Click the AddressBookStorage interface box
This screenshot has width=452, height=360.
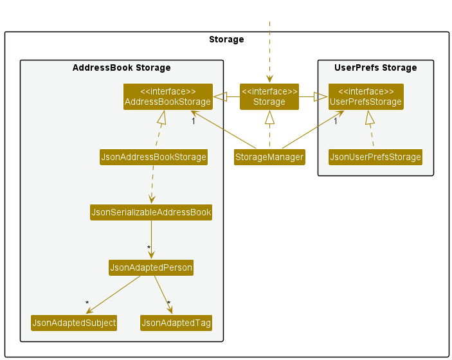pyautogui.click(x=168, y=97)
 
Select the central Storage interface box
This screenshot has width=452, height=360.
pyautogui.click(x=269, y=97)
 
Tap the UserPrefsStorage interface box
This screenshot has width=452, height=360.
pyautogui.click(x=366, y=97)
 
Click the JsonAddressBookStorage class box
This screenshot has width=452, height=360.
pyautogui.click(x=154, y=157)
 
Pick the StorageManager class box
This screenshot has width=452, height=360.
pyautogui.click(x=269, y=157)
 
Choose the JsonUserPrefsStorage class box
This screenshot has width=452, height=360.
pyautogui.click(x=375, y=157)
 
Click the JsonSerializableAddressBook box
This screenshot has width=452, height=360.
pyautogui.click(x=151, y=212)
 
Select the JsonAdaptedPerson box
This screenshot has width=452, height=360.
pyautogui.click(x=151, y=268)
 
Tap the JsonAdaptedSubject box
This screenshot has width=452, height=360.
pyautogui.click(x=74, y=323)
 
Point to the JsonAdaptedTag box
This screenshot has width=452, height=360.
pyautogui.click(x=176, y=323)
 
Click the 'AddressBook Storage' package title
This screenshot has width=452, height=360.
pyautogui.click(x=122, y=67)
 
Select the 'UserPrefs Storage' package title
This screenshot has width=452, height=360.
pyautogui.click(x=375, y=67)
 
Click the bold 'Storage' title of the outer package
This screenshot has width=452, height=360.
pyautogui.click(x=226, y=39)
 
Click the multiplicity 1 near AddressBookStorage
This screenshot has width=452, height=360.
pyautogui.click(x=194, y=121)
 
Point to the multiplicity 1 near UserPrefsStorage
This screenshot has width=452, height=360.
pyautogui.click(x=336, y=121)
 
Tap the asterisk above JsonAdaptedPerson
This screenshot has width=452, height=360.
pyautogui.click(x=149, y=248)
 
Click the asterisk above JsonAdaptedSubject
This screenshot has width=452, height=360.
pyautogui.click(x=87, y=303)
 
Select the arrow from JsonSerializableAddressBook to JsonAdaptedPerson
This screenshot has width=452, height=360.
pyautogui.click(x=151, y=240)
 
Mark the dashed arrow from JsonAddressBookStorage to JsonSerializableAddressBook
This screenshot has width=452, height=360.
pyautogui.click(x=152, y=184)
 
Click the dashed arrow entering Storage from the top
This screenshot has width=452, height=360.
pyautogui.click(x=269, y=52)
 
